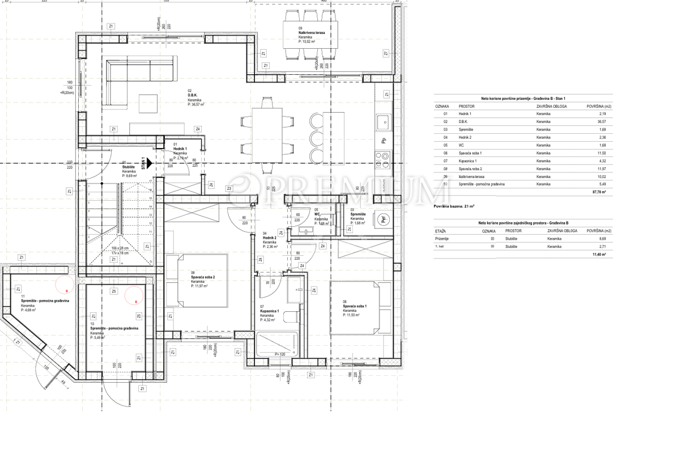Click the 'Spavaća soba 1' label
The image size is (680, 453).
tap(355, 307)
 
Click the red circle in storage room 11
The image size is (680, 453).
tap(63, 283)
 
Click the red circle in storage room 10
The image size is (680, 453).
tap(134, 294)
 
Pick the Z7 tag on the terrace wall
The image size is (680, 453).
tap(385, 54)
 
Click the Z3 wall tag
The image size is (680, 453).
tap(229, 188)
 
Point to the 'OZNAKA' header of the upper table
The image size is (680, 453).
tap(442, 106)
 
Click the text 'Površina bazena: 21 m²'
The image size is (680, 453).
tap(454, 206)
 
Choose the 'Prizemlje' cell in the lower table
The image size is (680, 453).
tap(442, 239)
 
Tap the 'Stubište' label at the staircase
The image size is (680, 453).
tap(129, 167)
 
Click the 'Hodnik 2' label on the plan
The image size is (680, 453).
tap(269, 238)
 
